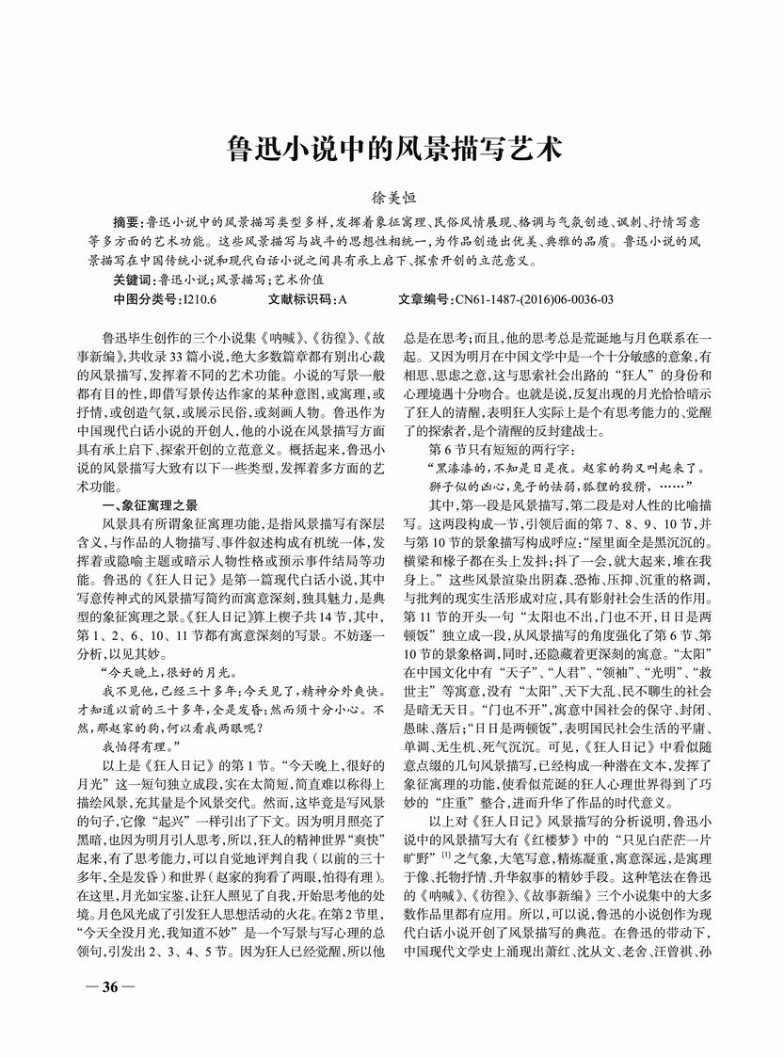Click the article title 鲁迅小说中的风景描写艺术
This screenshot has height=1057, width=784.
(394, 148)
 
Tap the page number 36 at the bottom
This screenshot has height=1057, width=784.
(109, 987)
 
